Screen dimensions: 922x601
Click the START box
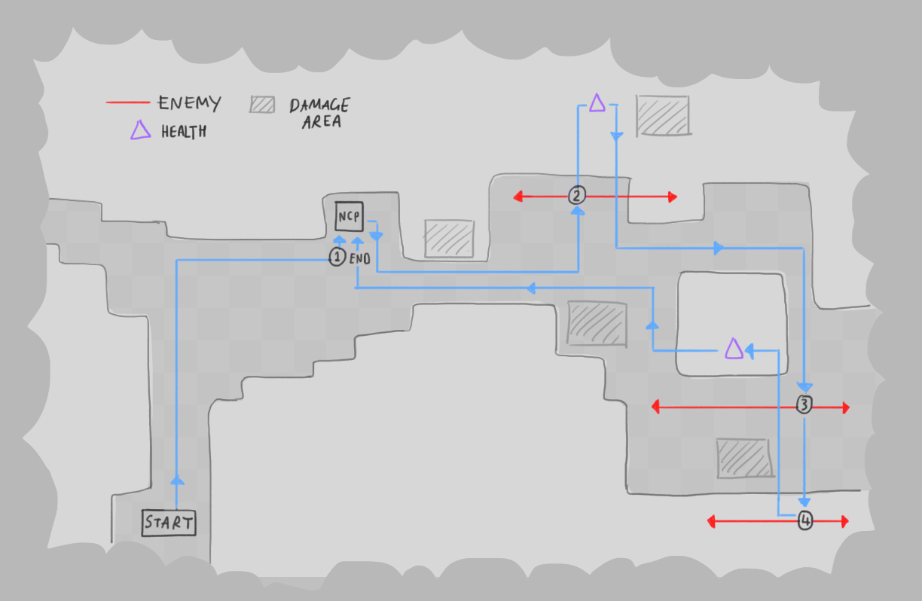point(169,523)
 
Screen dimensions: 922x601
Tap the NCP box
point(349,216)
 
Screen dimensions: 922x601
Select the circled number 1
point(337,257)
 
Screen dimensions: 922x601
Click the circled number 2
point(577,195)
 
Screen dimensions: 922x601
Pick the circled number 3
point(804,404)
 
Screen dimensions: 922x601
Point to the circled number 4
point(805,520)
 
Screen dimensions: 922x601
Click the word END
point(360,259)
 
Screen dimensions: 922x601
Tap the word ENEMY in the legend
point(189,103)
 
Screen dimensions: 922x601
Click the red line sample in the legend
point(128,102)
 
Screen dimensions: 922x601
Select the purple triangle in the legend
point(140,130)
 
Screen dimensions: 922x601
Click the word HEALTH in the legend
point(184,132)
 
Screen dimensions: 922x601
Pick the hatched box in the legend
point(262,105)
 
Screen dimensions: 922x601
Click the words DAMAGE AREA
point(320,113)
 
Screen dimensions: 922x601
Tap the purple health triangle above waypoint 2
point(597,103)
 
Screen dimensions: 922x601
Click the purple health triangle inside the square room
point(734,349)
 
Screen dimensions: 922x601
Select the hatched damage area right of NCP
point(449,239)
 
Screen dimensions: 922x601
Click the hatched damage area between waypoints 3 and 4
point(744,458)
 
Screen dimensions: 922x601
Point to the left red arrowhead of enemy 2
point(518,197)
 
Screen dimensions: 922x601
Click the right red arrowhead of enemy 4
point(844,522)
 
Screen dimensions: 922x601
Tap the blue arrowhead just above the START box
point(177,480)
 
